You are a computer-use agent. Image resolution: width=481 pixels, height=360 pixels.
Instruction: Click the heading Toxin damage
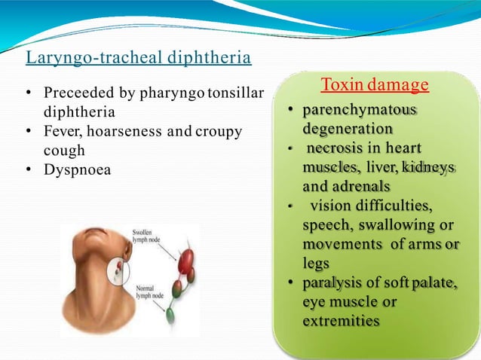tap(375, 84)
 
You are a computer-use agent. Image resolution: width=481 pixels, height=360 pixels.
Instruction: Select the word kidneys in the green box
tap(430, 166)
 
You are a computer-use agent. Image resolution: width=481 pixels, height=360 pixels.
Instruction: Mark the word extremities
tap(341, 322)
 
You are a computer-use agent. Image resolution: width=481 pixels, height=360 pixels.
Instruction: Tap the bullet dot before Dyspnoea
tap(28, 169)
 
